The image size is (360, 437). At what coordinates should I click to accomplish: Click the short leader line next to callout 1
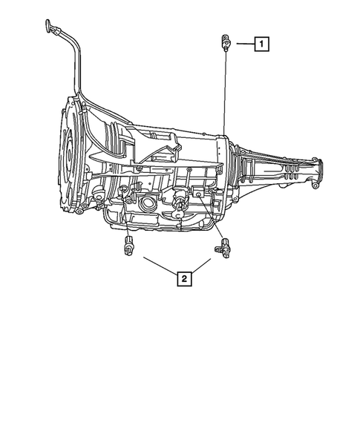click(x=242, y=44)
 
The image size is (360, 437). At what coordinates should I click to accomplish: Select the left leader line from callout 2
click(x=159, y=266)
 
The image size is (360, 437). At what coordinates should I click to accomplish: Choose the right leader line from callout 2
click(x=205, y=266)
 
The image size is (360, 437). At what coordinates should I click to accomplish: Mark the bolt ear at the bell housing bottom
click(x=77, y=211)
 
